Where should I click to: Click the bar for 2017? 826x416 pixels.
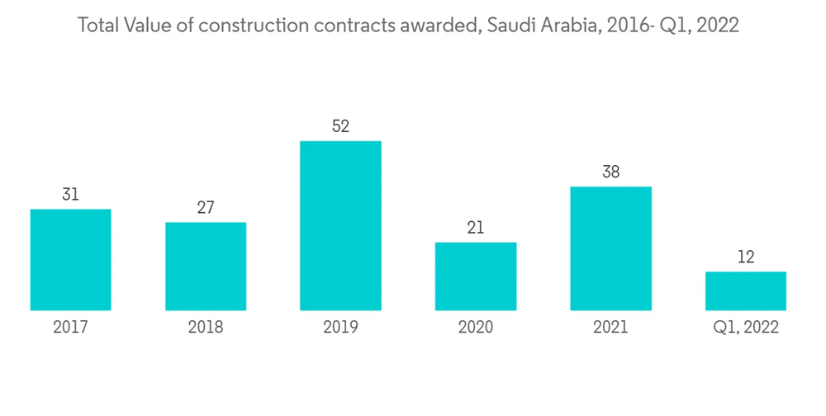click(x=70, y=259)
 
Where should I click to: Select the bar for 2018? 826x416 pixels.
click(x=206, y=266)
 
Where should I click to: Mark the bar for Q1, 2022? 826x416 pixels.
click(x=745, y=291)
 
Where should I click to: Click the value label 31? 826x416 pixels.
click(x=70, y=194)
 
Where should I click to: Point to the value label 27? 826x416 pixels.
click(x=206, y=207)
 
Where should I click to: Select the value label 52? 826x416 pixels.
click(x=340, y=126)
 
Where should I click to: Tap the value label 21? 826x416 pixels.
click(x=476, y=227)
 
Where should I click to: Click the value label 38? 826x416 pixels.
click(x=610, y=172)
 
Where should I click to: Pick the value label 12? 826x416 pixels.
click(x=745, y=257)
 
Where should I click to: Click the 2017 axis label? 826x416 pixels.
click(x=70, y=327)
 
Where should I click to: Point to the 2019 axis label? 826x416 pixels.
click(x=340, y=327)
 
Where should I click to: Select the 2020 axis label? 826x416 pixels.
click(x=476, y=327)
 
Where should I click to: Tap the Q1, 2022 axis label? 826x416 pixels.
click(x=745, y=327)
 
